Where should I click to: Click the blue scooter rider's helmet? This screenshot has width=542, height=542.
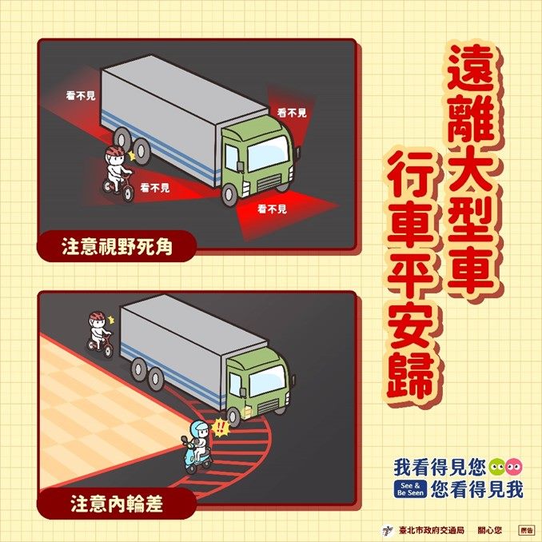click(200, 429)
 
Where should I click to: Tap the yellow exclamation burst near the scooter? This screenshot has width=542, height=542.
click(220, 428)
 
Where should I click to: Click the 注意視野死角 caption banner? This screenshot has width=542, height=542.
click(117, 246)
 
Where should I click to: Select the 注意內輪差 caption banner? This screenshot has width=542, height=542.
click(117, 504)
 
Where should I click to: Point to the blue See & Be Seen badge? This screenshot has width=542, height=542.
click(410, 488)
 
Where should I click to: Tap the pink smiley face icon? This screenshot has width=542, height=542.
click(514, 468)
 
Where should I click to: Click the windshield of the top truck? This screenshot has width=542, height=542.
click(269, 153)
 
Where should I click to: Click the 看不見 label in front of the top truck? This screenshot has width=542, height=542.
click(272, 209)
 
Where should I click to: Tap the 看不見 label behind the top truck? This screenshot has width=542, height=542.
click(81, 95)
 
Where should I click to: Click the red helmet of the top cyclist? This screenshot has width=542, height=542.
click(115, 151)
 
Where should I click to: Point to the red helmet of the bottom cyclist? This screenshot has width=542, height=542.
click(98, 316)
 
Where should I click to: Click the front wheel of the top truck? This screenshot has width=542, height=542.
click(229, 194)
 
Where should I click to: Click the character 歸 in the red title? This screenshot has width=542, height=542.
click(412, 376)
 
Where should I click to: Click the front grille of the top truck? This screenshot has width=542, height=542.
click(269, 182)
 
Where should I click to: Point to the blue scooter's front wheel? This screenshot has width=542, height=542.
click(190, 468)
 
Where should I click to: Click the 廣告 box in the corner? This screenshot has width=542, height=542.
click(525, 530)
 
